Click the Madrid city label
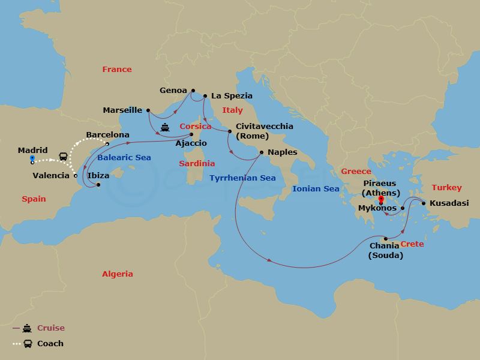[x=33, y=150]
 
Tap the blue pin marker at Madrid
[x=32, y=159]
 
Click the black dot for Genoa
[x=192, y=91]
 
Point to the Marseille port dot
[x=148, y=110]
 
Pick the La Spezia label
[x=231, y=95]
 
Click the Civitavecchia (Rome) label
[x=265, y=131]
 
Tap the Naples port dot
[x=261, y=152]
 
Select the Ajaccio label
[x=191, y=143]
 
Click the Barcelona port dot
[x=107, y=144]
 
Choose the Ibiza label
[x=98, y=175]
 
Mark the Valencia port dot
[x=75, y=176]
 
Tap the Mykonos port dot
[x=403, y=209]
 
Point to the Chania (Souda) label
[x=385, y=250]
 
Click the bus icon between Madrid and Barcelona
[x=63, y=156]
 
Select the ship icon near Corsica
[x=164, y=127]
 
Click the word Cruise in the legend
[x=50, y=328]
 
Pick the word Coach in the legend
[x=50, y=344]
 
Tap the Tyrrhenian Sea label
[x=242, y=178]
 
